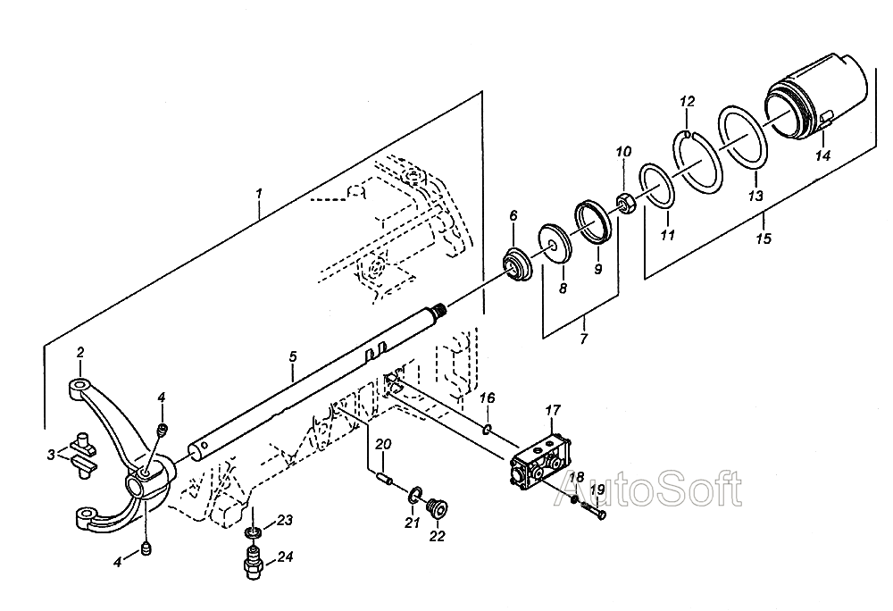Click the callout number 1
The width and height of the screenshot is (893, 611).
(258, 192)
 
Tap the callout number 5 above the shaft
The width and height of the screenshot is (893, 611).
(292, 356)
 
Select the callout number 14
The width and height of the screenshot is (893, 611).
(822, 155)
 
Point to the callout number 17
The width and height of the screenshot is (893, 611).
(553, 411)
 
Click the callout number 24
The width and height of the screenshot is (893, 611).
(285, 557)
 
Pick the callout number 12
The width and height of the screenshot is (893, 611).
(686, 102)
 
